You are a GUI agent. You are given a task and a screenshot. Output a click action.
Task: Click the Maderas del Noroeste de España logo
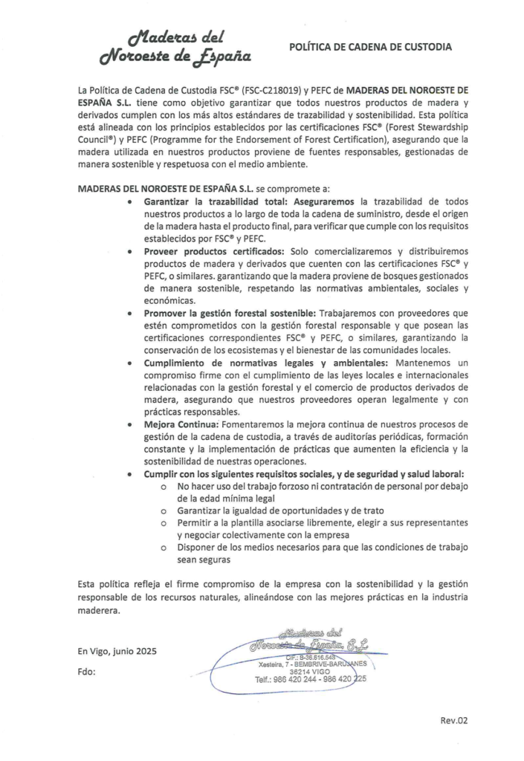click(176, 47)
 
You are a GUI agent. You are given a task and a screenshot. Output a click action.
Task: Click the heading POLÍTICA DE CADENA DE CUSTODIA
click(370, 47)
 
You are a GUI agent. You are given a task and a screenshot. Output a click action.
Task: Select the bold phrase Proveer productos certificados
click(213, 251)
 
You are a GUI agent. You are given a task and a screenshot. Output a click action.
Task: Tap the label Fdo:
click(87, 673)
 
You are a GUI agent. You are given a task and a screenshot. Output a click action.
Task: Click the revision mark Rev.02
click(453, 720)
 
